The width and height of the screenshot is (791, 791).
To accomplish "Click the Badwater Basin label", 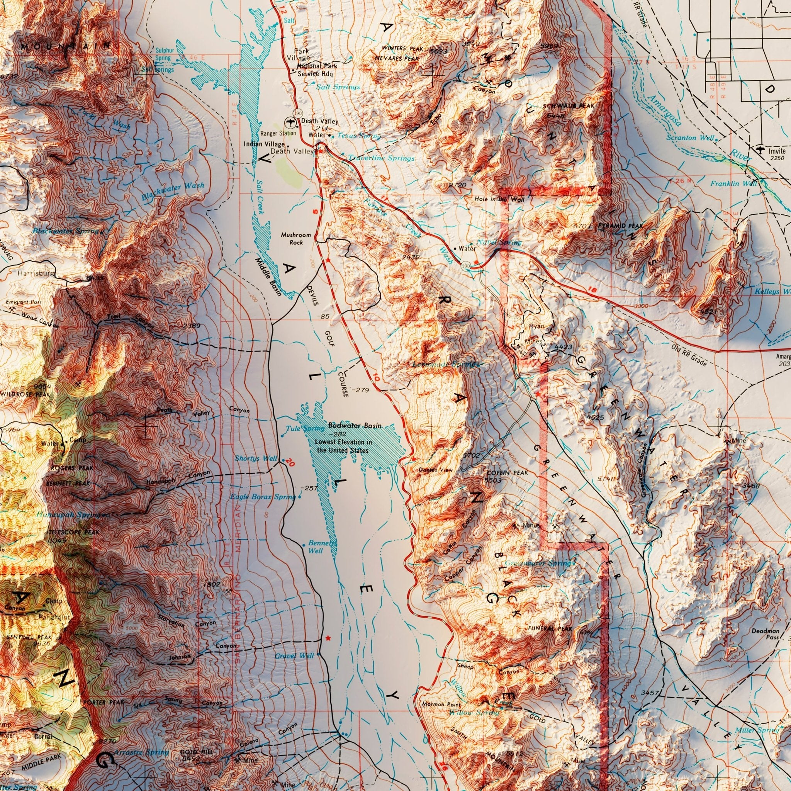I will coord(355,426).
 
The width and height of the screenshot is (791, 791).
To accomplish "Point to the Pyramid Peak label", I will coord(620,226).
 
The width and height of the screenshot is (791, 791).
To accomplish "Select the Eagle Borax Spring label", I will coord(262,497).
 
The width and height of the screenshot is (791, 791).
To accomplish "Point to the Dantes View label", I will coord(436,470).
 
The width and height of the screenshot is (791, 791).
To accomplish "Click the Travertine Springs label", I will coord(381,158).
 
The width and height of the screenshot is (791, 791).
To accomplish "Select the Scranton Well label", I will coord(690,137).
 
